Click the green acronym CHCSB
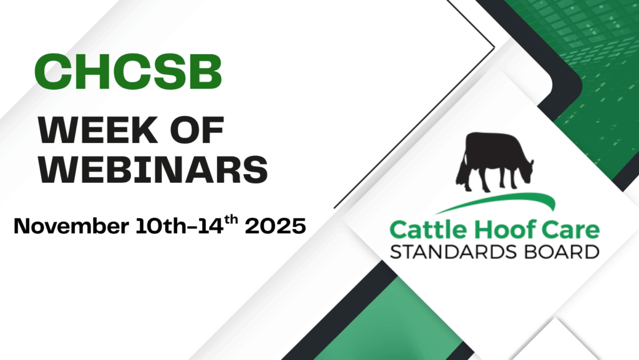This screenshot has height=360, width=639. pyautogui.click(x=129, y=72)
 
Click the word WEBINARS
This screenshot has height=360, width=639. pyautogui.click(x=153, y=168)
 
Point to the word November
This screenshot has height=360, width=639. pyautogui.click(x=71, y=226)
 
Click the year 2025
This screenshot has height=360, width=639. pyautogui.click(x=275, y=226)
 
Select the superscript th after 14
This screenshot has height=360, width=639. pyautogui.click(x=231, y=220)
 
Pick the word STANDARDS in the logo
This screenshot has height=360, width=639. pyautogui.click(x=454, y=251)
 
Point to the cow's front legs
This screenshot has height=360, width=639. pyautogui.click(x=509, y=178)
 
